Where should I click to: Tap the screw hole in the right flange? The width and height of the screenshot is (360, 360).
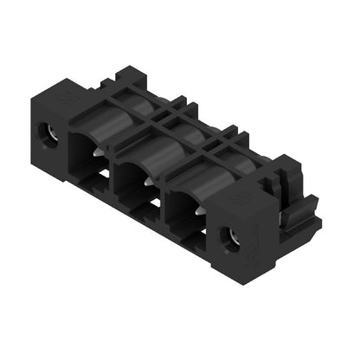231,235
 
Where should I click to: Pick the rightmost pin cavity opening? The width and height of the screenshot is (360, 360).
183,208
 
